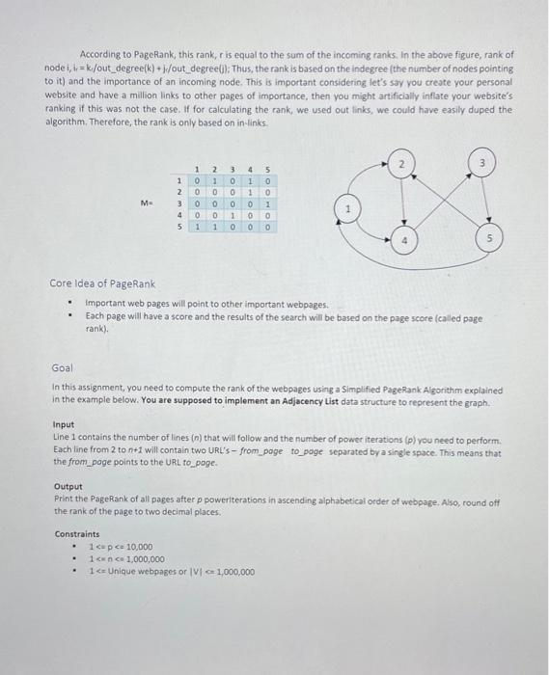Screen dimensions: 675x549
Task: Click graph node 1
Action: point(349,208)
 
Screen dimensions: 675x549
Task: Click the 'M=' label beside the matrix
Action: point(146,203)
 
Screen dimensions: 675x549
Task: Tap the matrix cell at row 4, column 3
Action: point(232,215)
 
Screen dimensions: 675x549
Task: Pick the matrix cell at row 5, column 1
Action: point(197,228)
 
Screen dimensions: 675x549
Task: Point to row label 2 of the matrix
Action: point(179,191)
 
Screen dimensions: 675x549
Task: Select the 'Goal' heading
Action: point(62,368)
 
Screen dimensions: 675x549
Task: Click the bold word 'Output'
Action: point(69,487)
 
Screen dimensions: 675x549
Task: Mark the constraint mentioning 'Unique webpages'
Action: point(172,571)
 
